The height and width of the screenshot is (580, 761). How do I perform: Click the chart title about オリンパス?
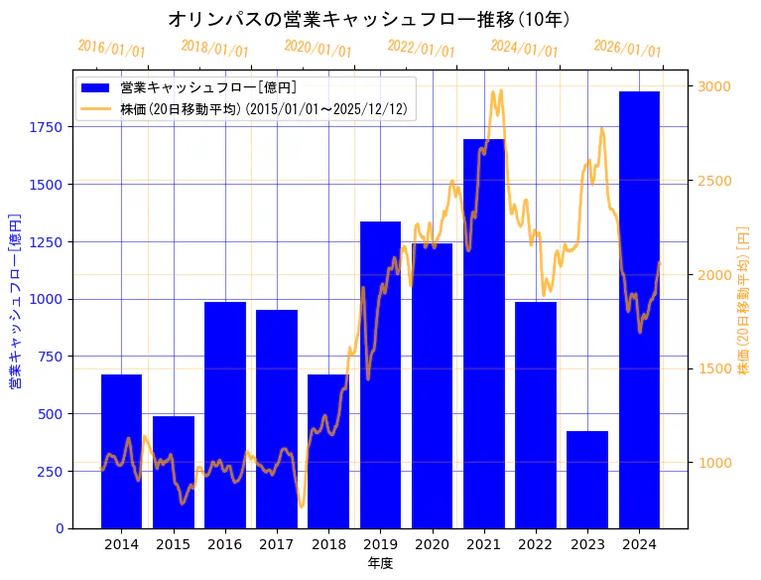point(369,19)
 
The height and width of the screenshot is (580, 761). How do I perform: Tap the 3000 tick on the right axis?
point(714,86)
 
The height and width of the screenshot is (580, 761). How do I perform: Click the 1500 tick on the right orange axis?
point(714,368)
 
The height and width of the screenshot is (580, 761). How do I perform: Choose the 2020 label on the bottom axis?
point(432,544)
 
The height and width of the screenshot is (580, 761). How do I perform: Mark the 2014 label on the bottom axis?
point(121,544)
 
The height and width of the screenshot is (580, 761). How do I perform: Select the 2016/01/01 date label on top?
point(111,48)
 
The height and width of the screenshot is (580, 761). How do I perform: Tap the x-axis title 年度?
point(380,563)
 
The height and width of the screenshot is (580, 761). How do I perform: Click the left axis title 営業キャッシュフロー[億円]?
point(15,299)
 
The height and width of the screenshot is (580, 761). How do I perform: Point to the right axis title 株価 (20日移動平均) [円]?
point(744,299)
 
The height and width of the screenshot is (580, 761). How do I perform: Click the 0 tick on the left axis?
point(59,528)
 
